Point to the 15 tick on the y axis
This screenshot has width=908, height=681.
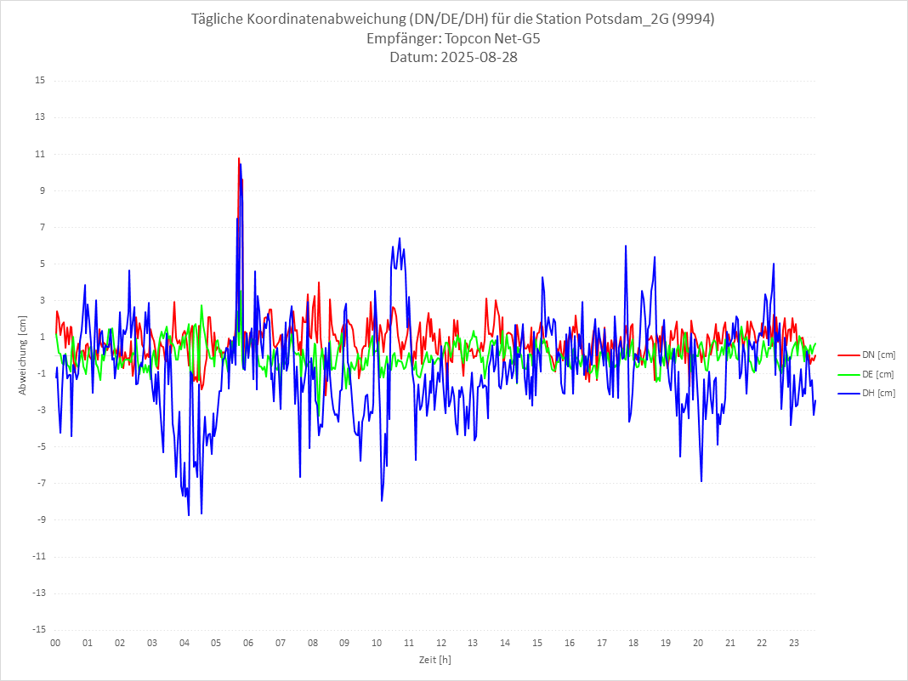tap(40, 81)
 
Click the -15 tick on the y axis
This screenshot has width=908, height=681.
tap(38, 630)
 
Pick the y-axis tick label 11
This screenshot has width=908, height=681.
tap(40, 154)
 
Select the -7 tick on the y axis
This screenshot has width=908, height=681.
tap(40, 484)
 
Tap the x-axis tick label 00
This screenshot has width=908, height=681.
tap(55, 643)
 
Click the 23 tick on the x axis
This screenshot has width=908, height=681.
tap(794, 643)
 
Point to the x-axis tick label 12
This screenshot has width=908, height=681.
tap(441, 643)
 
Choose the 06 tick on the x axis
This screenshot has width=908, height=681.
tap(248, 643)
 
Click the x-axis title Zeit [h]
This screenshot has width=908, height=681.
tap(434, 660)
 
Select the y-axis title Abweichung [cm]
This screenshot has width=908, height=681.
tap(23, 355)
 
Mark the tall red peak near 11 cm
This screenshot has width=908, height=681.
tap(239, 159)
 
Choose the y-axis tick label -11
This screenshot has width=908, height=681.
tap(38, 557)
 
